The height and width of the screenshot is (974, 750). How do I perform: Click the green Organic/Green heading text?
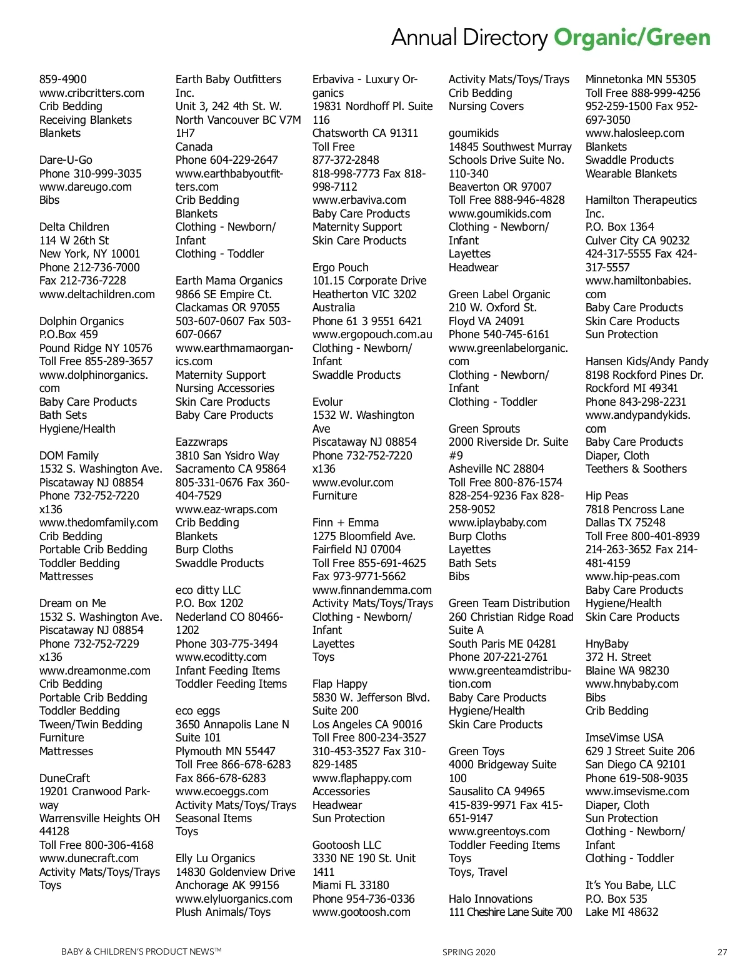(632, 38)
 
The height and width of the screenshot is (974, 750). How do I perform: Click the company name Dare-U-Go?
(66, 160)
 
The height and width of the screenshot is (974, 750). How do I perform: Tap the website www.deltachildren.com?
(97, 294)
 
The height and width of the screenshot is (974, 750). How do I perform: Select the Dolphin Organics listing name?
(81, 321)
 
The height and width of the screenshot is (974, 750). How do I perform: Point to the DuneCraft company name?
(64, 778)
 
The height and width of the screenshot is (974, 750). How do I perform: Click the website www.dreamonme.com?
(94, 671)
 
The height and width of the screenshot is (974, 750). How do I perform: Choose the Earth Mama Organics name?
(229, 281)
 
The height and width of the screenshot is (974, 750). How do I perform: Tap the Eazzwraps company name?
(201, 442)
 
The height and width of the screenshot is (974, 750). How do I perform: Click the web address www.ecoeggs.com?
(222, 791)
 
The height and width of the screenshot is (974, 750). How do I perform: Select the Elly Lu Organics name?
(215, 858)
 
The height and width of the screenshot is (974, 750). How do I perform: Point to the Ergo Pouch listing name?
(340, 268)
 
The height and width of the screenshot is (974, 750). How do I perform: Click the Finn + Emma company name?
(345, 523)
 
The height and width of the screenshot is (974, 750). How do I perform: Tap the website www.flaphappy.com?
(362, 778)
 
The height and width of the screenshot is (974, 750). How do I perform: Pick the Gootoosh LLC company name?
(346, 845)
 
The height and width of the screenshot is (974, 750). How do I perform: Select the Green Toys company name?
(476, 751)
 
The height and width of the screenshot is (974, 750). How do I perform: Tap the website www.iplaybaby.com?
(497, 523)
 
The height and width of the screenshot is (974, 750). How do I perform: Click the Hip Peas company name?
(606, 496)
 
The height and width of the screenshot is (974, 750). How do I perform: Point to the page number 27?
(722, 952)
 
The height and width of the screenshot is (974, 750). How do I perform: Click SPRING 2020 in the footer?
(469, 952)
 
